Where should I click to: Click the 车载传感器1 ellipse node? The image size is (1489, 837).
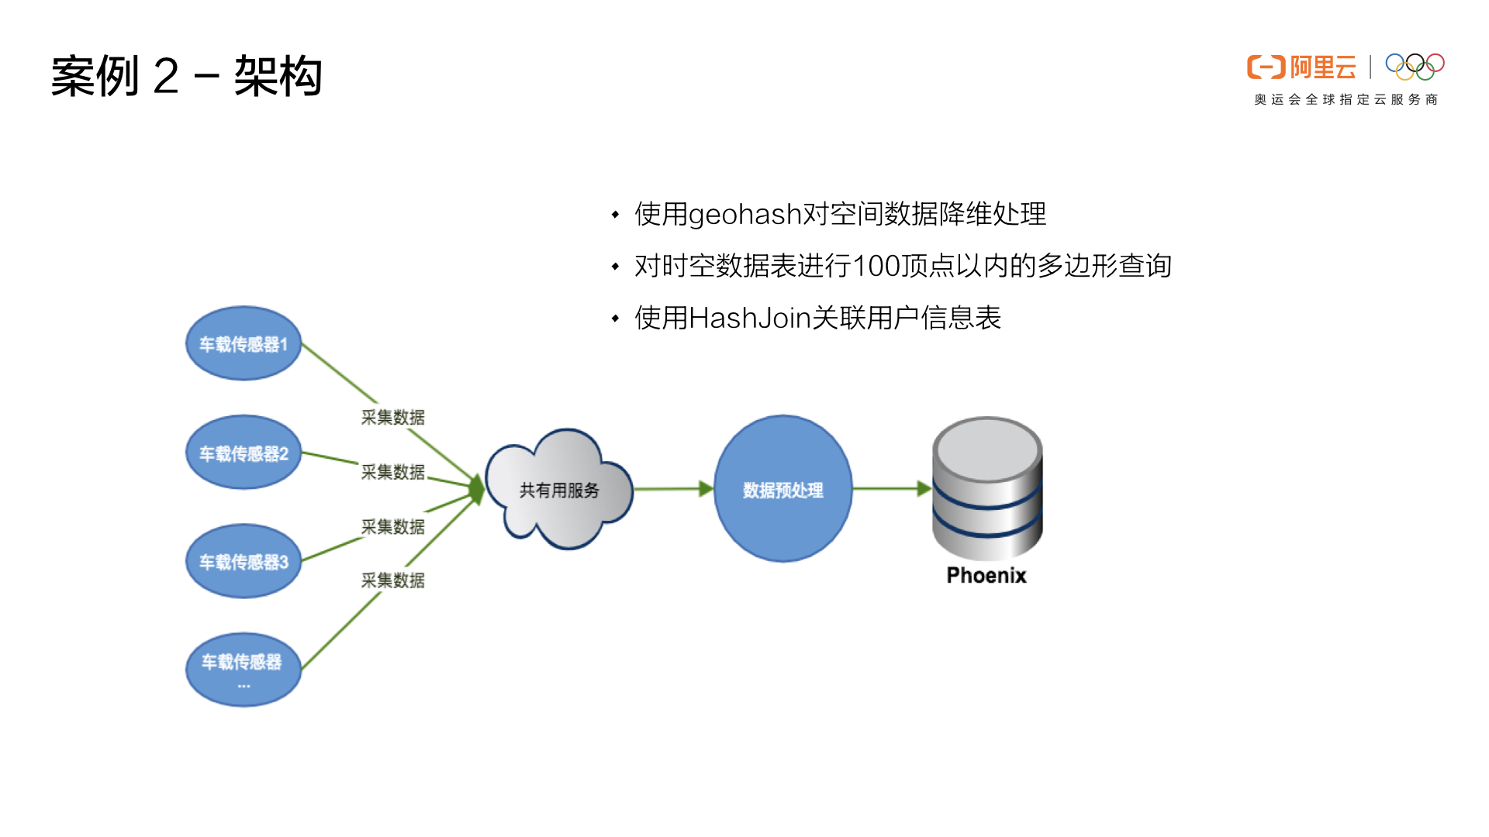(x=244, y=343)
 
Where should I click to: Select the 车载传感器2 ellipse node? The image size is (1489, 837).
(x=244, y=453)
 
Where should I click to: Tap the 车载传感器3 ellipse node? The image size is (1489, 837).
(x=244, y=561)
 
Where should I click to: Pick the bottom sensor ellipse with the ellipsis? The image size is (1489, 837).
(x=244, y=669)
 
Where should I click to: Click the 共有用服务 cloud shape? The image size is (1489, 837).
(x=559, y=490)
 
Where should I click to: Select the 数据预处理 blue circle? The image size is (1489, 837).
(x=783, y=489)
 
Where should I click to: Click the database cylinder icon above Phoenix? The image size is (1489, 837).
(x=986, y=488)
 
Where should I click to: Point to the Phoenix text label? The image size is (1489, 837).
(x=986, y=575)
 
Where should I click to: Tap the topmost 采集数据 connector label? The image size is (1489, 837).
(x=392, y=417)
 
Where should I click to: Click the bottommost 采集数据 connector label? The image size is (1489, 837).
(x=392, y=580)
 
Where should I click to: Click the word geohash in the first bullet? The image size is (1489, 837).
(x=744, y=214)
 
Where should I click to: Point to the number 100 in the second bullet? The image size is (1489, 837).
(x=876, y=266)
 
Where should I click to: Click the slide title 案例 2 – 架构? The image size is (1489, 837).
(x=186, y=76)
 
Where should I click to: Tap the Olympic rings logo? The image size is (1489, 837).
(x=1415, y=67)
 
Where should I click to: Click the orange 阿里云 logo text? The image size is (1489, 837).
(x=1322, y=67)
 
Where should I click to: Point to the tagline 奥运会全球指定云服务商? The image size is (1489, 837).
(x=1346, y=99)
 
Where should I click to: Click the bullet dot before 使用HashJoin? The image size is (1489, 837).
(x=615, y=318)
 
